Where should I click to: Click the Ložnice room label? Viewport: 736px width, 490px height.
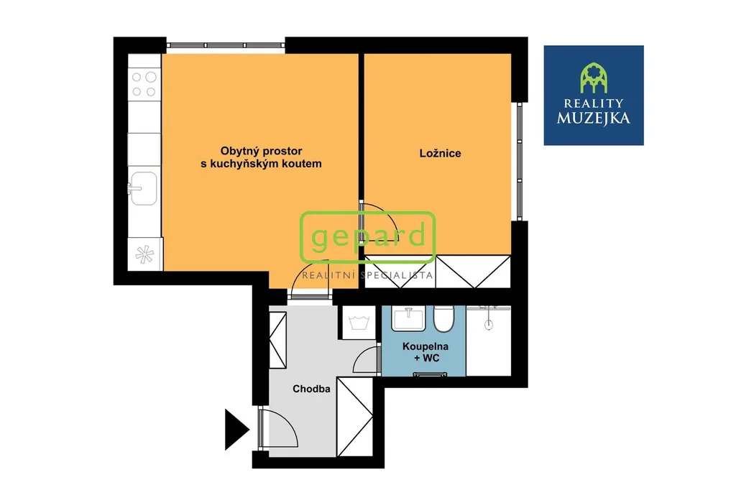tap(440, 153)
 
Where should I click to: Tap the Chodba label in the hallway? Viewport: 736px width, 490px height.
tap(311, 389)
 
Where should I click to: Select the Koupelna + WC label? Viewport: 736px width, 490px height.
tap(425, 352)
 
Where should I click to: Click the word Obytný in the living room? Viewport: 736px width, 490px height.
tap(241, 151)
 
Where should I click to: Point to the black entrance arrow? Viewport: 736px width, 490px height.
tap(236, 429)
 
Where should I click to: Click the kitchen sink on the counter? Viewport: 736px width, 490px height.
tap(143, 188)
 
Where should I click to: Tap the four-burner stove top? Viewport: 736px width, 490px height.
tap(144, 83)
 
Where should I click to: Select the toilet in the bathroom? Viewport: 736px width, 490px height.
tap(443, 318)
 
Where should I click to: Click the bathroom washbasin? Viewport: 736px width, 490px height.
tap(408, 318)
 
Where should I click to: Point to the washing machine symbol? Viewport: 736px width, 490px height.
tap(359, 323)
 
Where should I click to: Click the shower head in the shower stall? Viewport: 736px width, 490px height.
tap(489, 323)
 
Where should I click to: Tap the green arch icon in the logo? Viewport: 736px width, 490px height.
tap(594, 78)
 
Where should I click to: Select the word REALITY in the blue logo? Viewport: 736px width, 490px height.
tap(593, 103)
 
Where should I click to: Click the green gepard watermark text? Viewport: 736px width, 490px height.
tap(368, 236)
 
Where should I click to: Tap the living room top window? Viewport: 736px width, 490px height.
tap(226, 45)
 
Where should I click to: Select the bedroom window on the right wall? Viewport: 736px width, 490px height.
tap(520, 161)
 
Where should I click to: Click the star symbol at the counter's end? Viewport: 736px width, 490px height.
tap(144, 254)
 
